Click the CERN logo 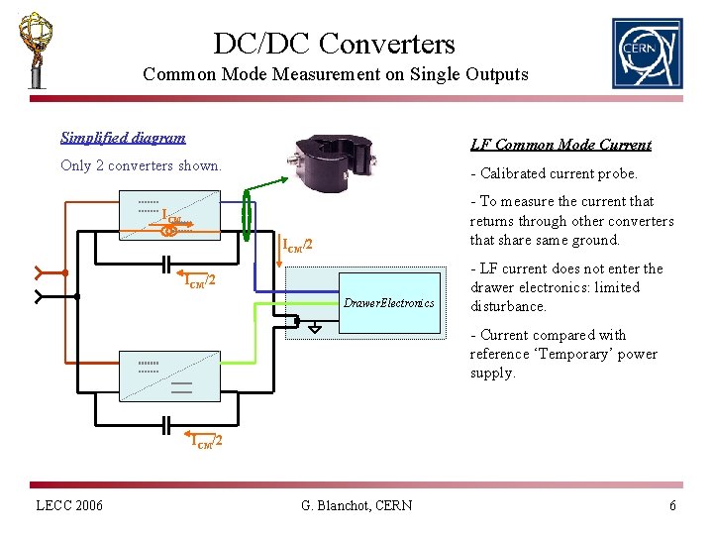coord(647,53)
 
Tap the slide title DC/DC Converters coord(334,44)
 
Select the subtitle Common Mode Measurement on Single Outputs coord(336,74)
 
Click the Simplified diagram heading coord(123,138)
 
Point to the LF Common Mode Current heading coord(560,145)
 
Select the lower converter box coord(171,374)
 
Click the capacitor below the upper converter coord(169,264)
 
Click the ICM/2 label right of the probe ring coord(298,244)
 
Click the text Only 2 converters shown coord(141,165)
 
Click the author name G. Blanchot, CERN coord(356,506)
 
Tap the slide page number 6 coord(672,506)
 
